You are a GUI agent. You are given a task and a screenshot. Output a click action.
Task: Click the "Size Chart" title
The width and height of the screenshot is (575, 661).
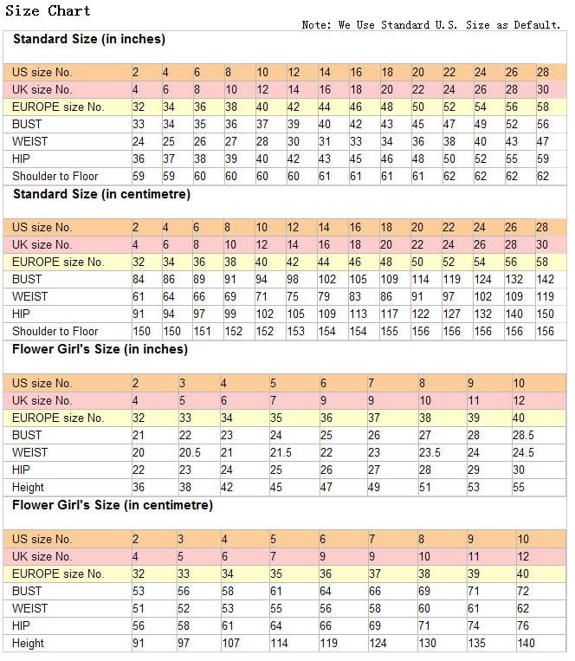(x=48, y=10)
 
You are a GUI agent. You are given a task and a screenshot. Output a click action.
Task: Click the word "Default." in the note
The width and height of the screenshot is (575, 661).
(x=538, y=25)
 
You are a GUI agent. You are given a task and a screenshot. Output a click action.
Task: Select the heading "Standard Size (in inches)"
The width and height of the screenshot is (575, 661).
(x=89, y=39)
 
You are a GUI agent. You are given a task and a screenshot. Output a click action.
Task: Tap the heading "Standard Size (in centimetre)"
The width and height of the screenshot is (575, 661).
(x=101, y=194)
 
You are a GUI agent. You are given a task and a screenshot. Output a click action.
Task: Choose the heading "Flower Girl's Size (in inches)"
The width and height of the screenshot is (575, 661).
(x=100, y=349)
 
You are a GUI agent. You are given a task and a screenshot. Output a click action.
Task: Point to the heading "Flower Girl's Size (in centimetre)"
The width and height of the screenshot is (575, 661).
(x=112, y=505)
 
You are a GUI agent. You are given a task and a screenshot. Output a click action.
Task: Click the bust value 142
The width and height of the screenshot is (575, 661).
(x=546, y=279)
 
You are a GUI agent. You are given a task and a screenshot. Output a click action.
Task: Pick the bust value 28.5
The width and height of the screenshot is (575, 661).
(x=524, y=435)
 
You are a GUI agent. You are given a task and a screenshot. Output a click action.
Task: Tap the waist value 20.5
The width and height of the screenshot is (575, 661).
(x=190, y=452)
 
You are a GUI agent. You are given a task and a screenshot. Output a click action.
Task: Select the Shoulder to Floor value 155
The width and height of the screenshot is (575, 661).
(x=390, y=331)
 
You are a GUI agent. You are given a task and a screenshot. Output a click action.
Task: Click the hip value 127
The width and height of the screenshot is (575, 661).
(x=452, y=314)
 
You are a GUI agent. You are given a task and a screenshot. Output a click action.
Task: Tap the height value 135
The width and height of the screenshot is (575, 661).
(x=477, y=643)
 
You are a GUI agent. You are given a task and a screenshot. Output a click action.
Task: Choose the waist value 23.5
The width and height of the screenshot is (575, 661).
(x=430, y=452)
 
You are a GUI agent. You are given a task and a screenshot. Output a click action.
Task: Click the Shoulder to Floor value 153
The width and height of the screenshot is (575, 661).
(x=296, y=331)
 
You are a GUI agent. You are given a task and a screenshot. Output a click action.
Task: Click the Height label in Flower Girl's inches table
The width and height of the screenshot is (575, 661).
(x=29, y=487)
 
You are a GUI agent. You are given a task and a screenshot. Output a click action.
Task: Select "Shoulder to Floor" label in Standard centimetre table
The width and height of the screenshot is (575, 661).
(x=55, y=331)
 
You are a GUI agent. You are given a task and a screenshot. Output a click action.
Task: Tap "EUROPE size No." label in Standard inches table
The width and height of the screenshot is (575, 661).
(x=58, y=107)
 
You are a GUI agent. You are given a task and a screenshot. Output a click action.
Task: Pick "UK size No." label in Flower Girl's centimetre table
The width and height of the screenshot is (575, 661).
(x=42, y=556)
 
